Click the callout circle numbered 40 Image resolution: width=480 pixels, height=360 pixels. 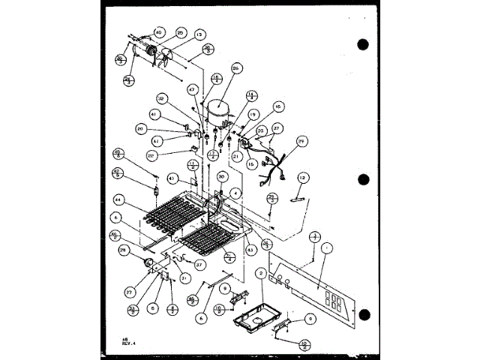click(x=158, y=32)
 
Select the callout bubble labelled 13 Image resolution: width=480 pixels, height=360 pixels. click(x=199, y=34)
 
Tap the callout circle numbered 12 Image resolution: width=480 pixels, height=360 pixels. click(x=303, y=178)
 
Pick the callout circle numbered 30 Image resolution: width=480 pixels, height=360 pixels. click(x=222, y=177)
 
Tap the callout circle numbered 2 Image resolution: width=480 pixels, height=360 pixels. click(x=260, y=274)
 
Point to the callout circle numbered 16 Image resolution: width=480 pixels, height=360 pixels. click(x=256, y=107)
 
